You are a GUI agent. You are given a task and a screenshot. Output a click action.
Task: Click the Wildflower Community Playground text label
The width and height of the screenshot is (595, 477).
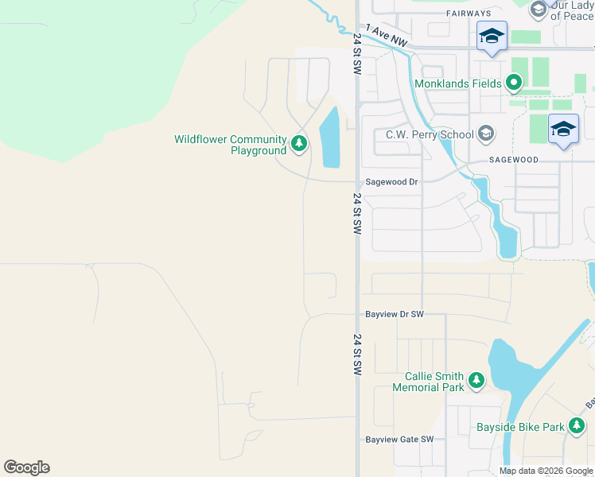(230, 145)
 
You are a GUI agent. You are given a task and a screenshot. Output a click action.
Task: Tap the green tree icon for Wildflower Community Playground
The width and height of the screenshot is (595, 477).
(299, 144)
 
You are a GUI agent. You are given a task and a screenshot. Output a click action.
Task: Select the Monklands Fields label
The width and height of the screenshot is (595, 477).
(457, 83)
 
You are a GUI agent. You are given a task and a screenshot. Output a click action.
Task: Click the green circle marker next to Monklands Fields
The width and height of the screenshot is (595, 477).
(514, 83)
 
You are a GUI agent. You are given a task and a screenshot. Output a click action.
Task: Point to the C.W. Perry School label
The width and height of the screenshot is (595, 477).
(430, 134)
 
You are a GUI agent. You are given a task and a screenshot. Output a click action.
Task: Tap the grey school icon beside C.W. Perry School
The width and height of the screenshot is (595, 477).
(485, 134)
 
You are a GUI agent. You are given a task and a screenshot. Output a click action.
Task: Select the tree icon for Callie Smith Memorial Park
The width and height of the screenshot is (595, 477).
(476, 381)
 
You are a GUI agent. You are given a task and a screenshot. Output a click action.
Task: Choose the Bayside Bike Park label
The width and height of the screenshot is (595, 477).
(520, 427)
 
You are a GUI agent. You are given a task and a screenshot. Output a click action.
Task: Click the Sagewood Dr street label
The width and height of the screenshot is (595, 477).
(391, 182)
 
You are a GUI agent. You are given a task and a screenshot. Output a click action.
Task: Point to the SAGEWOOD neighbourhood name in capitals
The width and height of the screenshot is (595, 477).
(514, 160)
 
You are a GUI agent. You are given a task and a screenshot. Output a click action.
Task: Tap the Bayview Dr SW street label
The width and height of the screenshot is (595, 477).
(394, 314)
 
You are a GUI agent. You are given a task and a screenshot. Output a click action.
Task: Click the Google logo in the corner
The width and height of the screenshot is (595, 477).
(26, 467)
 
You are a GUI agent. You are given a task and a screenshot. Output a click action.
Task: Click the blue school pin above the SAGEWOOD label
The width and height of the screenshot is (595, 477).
(563, 129)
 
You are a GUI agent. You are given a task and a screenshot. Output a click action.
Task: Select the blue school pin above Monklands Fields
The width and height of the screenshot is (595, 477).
(492, 37)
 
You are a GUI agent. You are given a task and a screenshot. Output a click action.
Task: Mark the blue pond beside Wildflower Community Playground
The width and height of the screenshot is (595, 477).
(329, 138)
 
